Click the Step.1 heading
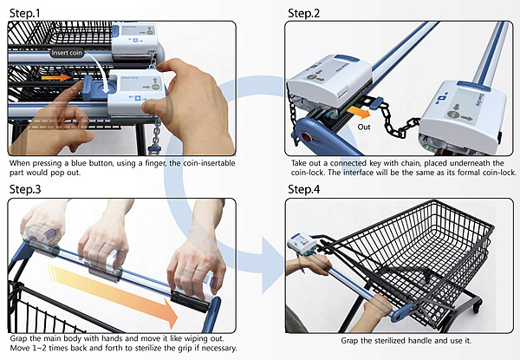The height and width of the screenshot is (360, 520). tap(25, 14)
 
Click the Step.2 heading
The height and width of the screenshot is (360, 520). tap(304, 14)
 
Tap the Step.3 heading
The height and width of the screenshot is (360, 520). tap(25, 189)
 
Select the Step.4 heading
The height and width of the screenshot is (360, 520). tap(304, 189)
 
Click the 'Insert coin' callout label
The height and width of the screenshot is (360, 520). tap(67, 53)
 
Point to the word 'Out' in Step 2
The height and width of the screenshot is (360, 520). tap(364, 127)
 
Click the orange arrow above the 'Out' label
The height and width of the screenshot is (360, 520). tap(359, 113)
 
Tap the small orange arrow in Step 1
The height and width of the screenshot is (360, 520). tap(56, 78)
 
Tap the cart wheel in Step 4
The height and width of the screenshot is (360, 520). tap(477, 305)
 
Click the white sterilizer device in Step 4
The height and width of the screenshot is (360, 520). tap(302, 244)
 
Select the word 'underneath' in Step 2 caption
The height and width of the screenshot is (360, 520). tap(469, 163)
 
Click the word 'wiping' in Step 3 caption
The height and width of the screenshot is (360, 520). tap(196, 339)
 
